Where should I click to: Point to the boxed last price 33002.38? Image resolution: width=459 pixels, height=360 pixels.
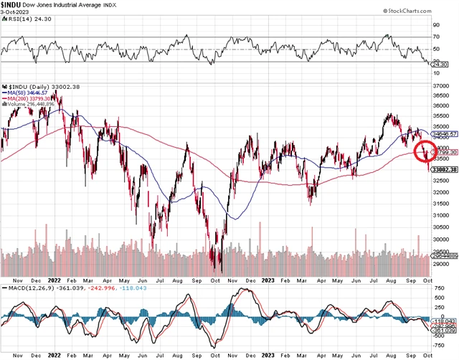pos(445,169)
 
